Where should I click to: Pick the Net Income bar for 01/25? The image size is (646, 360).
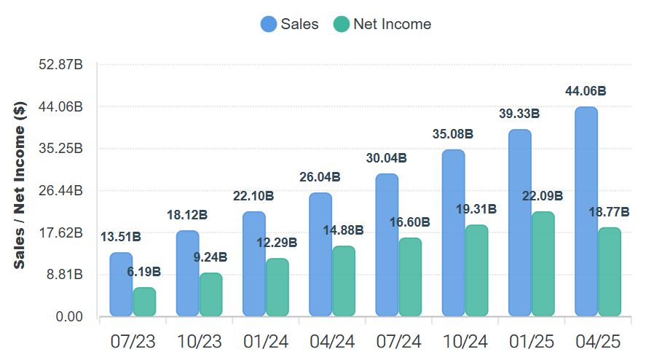(543, 264)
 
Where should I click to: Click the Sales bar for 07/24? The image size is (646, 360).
(387, 245)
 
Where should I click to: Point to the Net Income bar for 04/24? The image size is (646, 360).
(344, 281)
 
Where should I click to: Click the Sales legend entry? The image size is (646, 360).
(289, 24)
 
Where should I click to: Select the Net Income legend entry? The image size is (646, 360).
(382, 24)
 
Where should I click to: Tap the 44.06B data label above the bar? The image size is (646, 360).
(586, 91)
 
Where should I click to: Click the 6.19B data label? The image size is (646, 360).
(143, 272)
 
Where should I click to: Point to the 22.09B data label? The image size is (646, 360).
(543, 196)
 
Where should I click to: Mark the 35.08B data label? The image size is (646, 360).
(453, 134)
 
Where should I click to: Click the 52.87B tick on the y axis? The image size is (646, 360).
(62, 65)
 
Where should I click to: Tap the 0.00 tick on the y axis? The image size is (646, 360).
(69, 317)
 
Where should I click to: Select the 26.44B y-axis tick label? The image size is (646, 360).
(62, 191)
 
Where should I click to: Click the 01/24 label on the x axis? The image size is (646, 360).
(265, 341)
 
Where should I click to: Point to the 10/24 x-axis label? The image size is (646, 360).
(465, 341)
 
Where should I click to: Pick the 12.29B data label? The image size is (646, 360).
(277, 243)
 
